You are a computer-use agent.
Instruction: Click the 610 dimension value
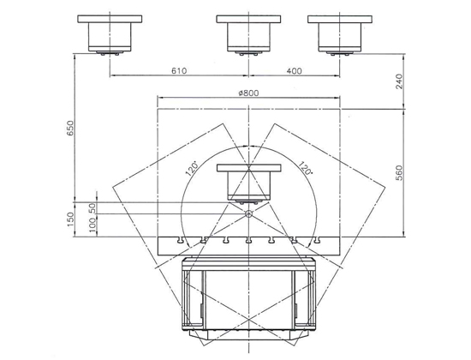[179, 70]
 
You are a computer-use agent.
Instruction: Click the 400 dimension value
[294, 71]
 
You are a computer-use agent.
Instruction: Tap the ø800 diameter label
[248, 93]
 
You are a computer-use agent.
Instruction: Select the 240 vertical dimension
[399, 81]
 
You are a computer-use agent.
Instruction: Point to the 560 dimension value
[399, 172]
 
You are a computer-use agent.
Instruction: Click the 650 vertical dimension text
[69, 128]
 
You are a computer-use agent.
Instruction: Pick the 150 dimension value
[69, 219]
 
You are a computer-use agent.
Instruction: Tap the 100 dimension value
[92, 225]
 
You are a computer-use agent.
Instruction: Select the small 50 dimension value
[92, 208]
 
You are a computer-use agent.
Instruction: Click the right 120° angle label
[306, 168]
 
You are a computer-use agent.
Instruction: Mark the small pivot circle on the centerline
[248, 213]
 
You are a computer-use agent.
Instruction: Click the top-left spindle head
[110, 35]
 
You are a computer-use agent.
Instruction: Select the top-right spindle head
[340, 35]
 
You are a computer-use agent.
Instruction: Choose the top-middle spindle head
[248, 35]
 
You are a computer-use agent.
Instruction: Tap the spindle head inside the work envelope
[248, 184]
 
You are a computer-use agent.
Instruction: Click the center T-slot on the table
[248, 240]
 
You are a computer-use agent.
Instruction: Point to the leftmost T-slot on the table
[181, 240]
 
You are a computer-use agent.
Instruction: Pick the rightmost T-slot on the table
[316, 240]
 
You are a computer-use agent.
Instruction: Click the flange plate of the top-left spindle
[110, 19]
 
